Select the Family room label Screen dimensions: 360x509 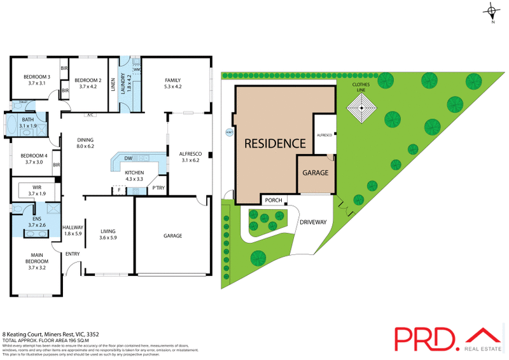point(172,81)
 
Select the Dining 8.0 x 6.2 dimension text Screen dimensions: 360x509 point(85,146)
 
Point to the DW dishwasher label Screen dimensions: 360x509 point(128,158)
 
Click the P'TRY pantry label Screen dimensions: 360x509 point(158,188)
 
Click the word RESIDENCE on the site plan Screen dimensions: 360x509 point(275,142)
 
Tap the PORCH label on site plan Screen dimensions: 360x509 point(274,201)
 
